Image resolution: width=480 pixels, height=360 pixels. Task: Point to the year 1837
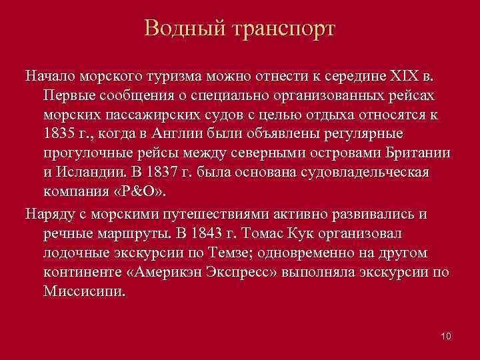coord(179,172)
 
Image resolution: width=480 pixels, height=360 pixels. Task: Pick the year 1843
coord(219,234)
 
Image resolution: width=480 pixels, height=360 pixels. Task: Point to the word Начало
coord(48,74)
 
